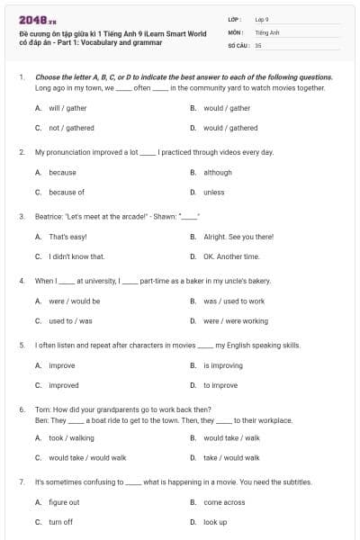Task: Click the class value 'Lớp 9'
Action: tap(262, 18)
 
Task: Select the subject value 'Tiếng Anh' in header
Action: tap(268, 31)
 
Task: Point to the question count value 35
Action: tap(258, 44)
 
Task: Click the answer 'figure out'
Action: tap(64, 503)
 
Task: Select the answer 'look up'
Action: tap(215, 522)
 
